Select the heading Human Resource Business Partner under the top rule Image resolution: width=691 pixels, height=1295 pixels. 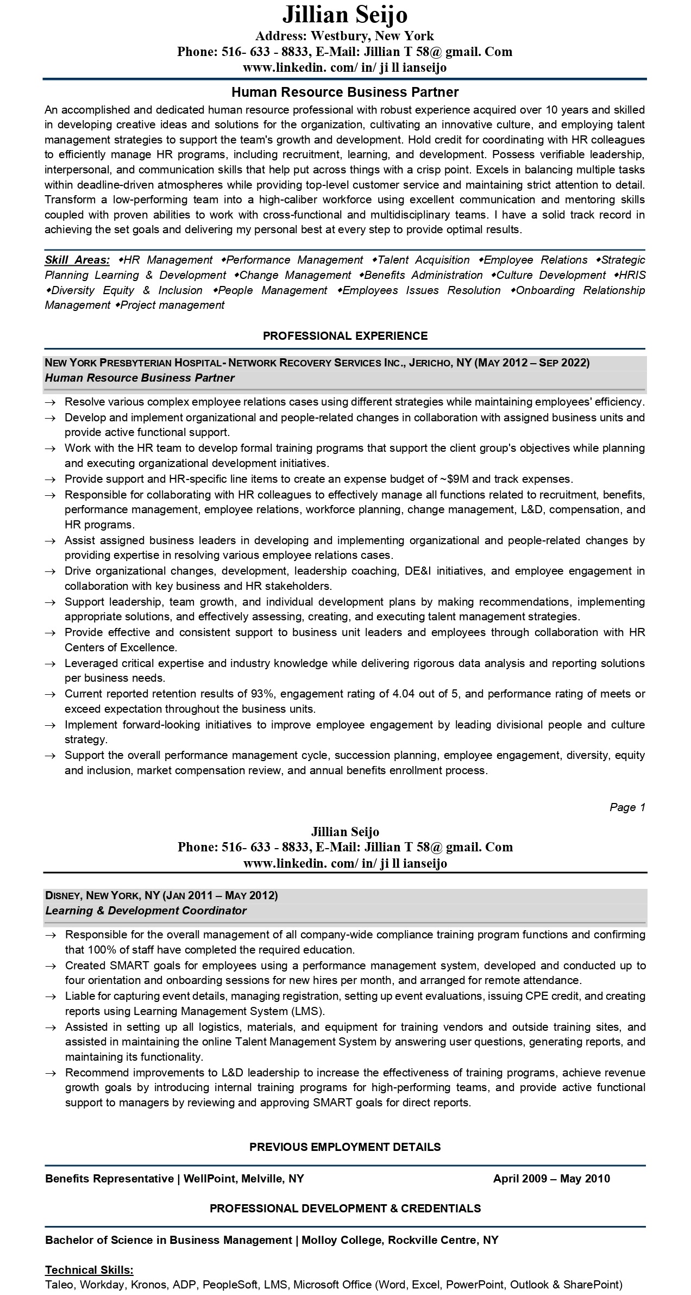pyautogui.click(x=345, y=92)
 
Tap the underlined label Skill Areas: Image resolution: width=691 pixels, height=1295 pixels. pyautogui.click(x=77, y=260)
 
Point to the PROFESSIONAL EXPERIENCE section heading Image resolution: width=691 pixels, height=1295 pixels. pyautogui.click(x=345, y=336)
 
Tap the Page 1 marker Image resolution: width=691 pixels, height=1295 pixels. pyautogui.click(x=627, y=807)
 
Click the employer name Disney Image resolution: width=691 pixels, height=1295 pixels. pyautogui.click(x=62, y=895)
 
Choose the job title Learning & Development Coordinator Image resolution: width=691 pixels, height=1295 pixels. pyautogui.click(x=146, y=911)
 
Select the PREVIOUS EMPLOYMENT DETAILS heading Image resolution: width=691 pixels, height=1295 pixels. pyautogui.click(x=345, y=1147)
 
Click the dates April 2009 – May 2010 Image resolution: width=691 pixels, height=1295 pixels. pyautogui.click(x=551, y=1179)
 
